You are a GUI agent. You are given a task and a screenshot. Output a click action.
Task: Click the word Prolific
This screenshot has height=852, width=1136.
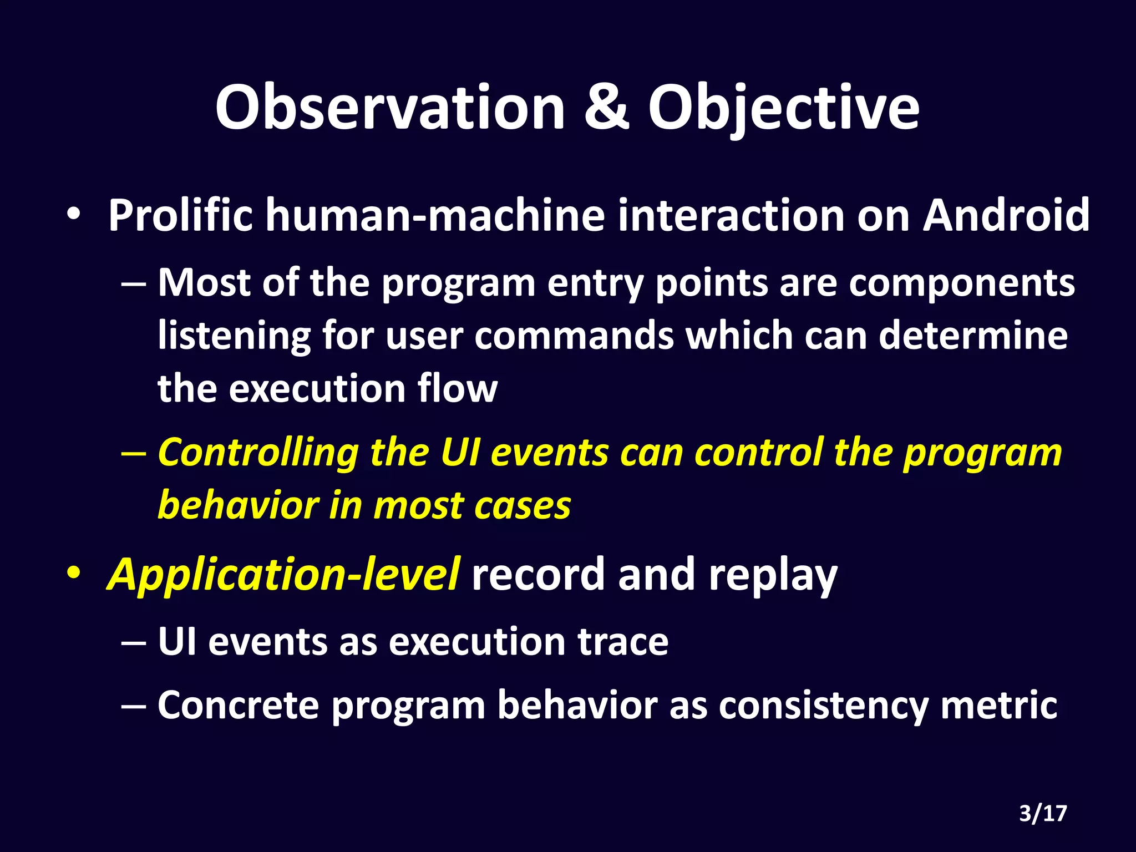point(180,215)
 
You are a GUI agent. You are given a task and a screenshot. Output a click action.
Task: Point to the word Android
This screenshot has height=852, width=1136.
point(1006,215)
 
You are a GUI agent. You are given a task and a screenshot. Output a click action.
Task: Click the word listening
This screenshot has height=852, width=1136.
point(234,336)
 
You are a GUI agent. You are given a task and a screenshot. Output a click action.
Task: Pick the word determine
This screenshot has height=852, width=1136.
point(973,336)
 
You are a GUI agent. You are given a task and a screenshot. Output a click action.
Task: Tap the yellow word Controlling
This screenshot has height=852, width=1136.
point(258,453)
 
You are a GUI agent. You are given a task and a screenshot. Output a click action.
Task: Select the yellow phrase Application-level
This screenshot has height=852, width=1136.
point(283,575)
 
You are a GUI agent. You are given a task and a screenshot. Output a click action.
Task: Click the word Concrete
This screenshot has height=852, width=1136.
point(239,706)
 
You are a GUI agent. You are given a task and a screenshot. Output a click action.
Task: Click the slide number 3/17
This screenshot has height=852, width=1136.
point(1043,814)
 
